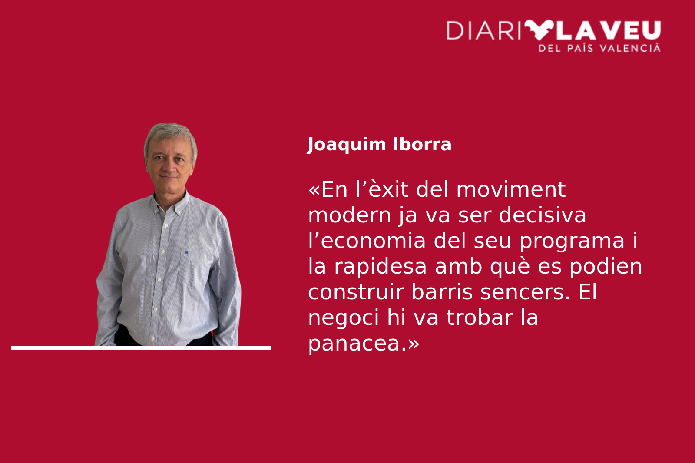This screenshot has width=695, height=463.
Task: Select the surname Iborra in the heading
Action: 422,144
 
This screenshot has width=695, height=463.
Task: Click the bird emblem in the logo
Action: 539,30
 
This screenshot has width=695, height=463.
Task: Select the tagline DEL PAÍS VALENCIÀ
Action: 599,48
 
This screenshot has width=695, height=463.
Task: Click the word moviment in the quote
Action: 511,189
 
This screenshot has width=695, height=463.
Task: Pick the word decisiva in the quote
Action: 543,215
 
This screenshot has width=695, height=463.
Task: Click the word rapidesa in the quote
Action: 381,266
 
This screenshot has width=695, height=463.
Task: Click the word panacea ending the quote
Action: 354,343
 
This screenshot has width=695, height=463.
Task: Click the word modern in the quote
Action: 349,215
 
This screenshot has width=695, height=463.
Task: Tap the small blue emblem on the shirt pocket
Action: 186,252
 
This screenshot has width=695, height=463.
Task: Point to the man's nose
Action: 169,168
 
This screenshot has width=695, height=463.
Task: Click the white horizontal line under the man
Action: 141,348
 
